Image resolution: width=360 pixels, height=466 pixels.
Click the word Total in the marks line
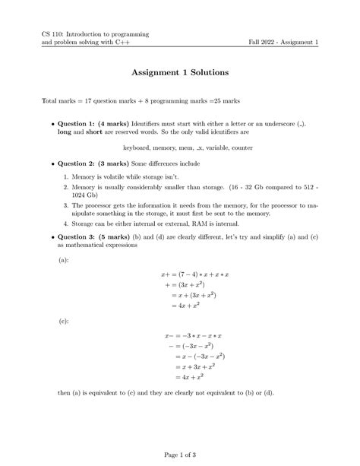coord(51,102)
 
